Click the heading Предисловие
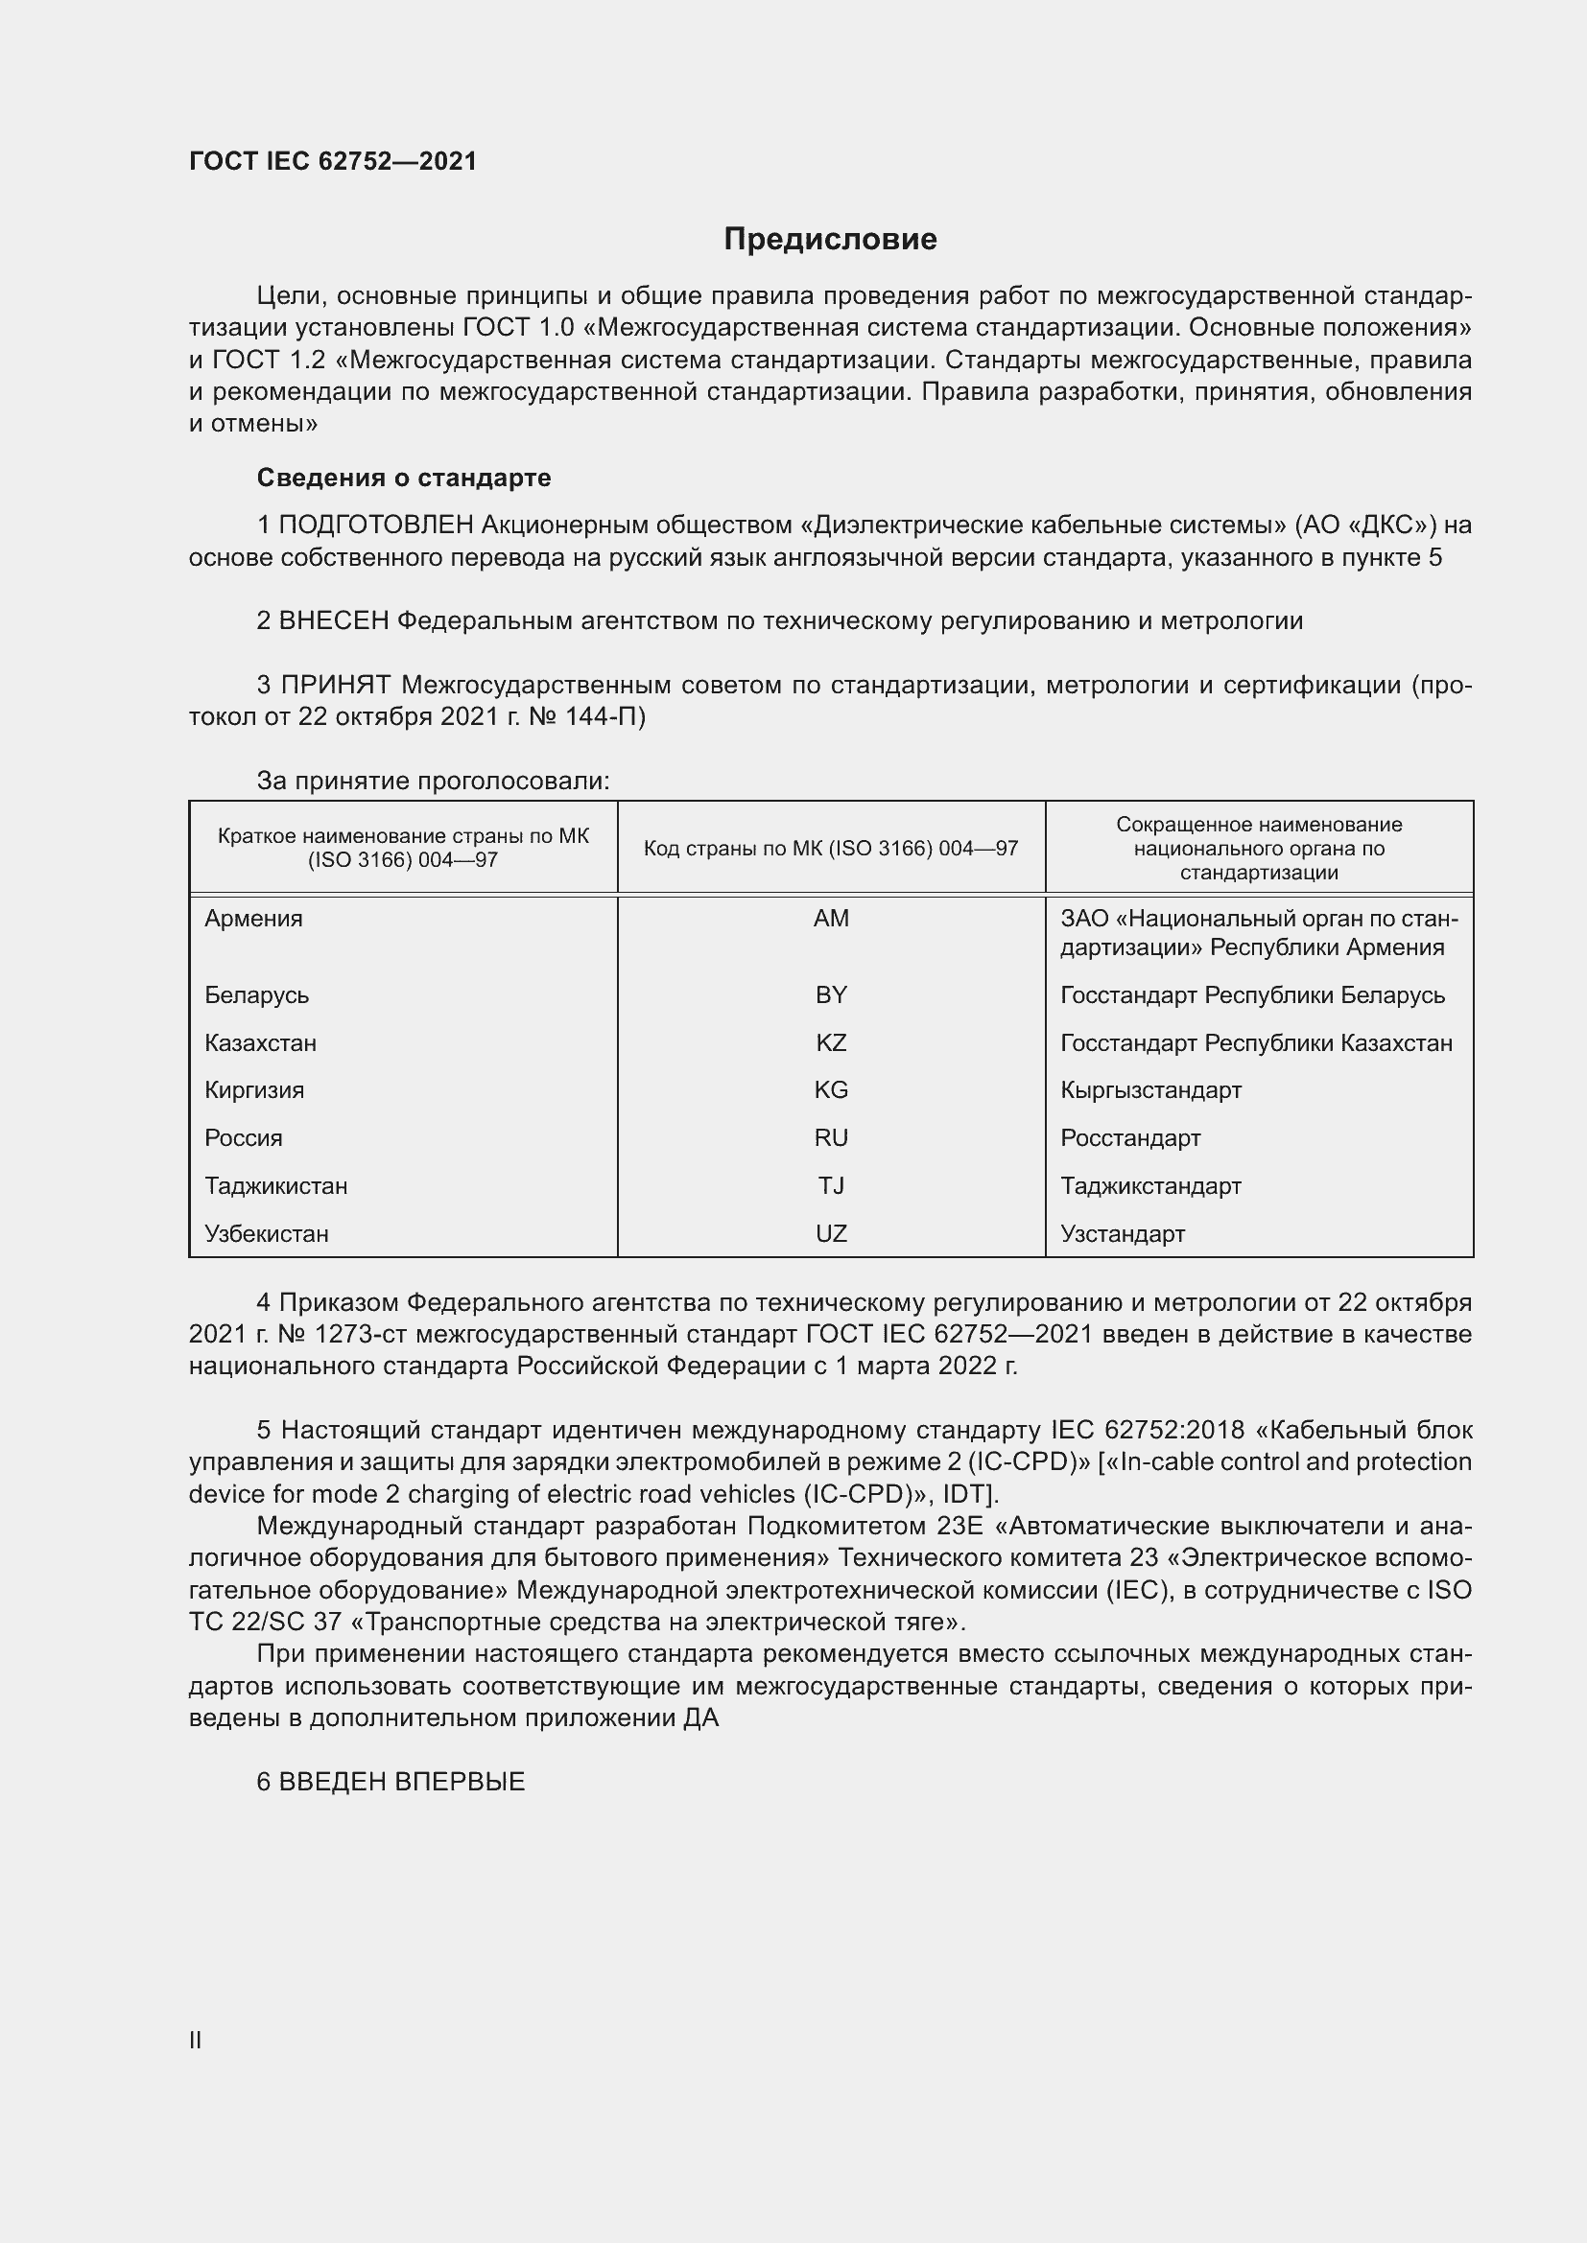tap(830, 240)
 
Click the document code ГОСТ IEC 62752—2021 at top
tap(332, 161)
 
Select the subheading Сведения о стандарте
tap(404, 478)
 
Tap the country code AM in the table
tap(831, 919)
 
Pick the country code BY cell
tap(831, 994)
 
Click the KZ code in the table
tap(831, 1042)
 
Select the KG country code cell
tap(831, 1089)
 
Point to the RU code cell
tap(831, 1137)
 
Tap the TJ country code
tap(831, 1185)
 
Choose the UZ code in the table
tap(831, 1233)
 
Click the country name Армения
tap(253, 919)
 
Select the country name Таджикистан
tap(275, 1185)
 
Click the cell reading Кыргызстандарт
tap(1150, 1089)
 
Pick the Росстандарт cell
tap(1129, 1137)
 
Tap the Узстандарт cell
tap(1122, 1233)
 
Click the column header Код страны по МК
tap(831, 848)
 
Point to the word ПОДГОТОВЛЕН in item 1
tap(376, 526)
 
